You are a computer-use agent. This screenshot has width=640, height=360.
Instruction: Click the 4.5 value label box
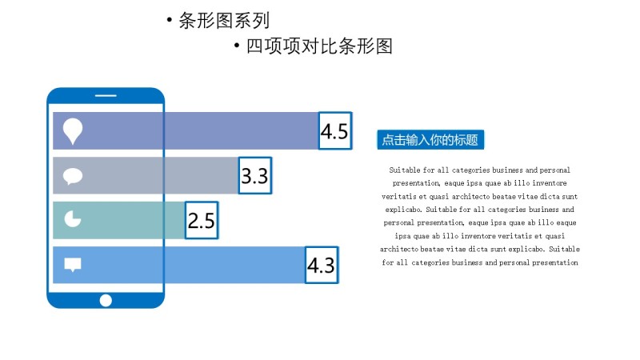click(334, 131)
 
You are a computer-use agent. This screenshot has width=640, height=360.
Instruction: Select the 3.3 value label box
click(255, 175)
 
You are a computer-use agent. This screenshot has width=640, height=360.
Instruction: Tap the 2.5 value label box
click(201, 220)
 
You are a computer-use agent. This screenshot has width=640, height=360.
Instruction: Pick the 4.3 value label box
click(322, 265)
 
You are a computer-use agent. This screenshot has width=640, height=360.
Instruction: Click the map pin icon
click(73, 130)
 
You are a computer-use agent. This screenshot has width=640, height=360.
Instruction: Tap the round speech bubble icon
click(73, 176)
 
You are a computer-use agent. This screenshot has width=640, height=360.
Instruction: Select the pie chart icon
click(73, 218)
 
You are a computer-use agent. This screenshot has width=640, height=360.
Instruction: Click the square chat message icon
click(73, 265)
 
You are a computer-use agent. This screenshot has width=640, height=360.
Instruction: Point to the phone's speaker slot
click(106, 97)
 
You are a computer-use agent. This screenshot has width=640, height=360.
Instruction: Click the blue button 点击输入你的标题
click(430, 140)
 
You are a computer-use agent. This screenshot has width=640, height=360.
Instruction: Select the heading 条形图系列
click(224, 21)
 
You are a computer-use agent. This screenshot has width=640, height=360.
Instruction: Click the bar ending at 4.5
click(200, 131)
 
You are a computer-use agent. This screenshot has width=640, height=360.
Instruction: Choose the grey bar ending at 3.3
click(160, 176)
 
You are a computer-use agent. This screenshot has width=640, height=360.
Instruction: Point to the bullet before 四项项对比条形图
click(237, 47)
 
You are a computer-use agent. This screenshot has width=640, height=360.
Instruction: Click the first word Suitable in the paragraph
click(405, 170)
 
